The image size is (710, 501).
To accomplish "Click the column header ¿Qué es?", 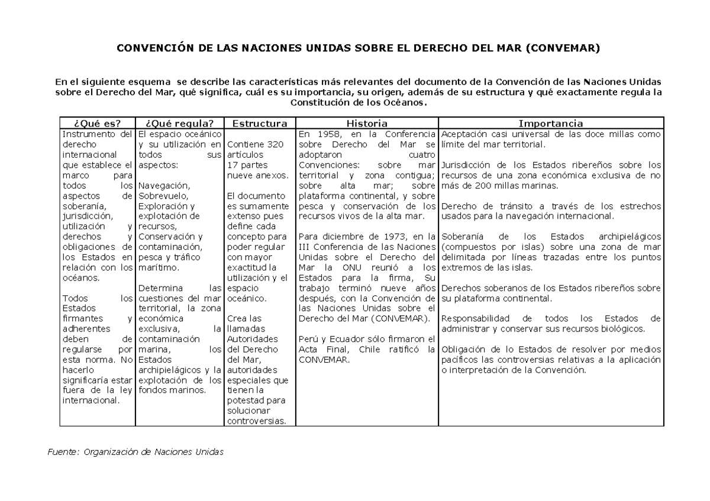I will tap(98, 123).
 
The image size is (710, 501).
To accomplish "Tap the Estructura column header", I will tap(260, 123).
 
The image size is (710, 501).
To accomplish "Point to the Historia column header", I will tap(367, 123).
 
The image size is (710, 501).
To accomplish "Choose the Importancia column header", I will tap(551, 123).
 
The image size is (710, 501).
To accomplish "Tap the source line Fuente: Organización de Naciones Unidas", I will tap(135, 452).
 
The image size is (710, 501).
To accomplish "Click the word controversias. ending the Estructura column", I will tap(256, 421).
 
